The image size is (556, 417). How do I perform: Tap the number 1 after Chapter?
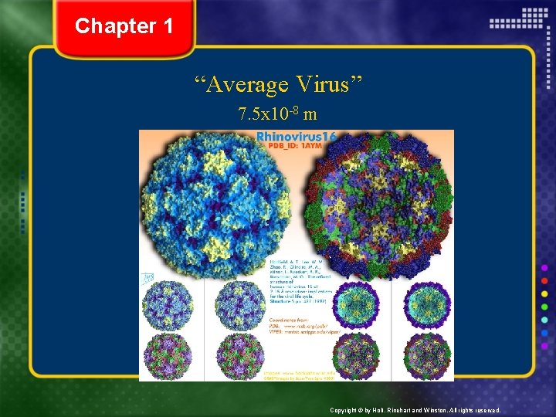pyautogui.click(x=168, y=26)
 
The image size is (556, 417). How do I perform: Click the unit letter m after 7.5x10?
pyautogui.click(x=310, y=115)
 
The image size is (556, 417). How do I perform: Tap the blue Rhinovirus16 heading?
pyautogui.click(x=297, y=137)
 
